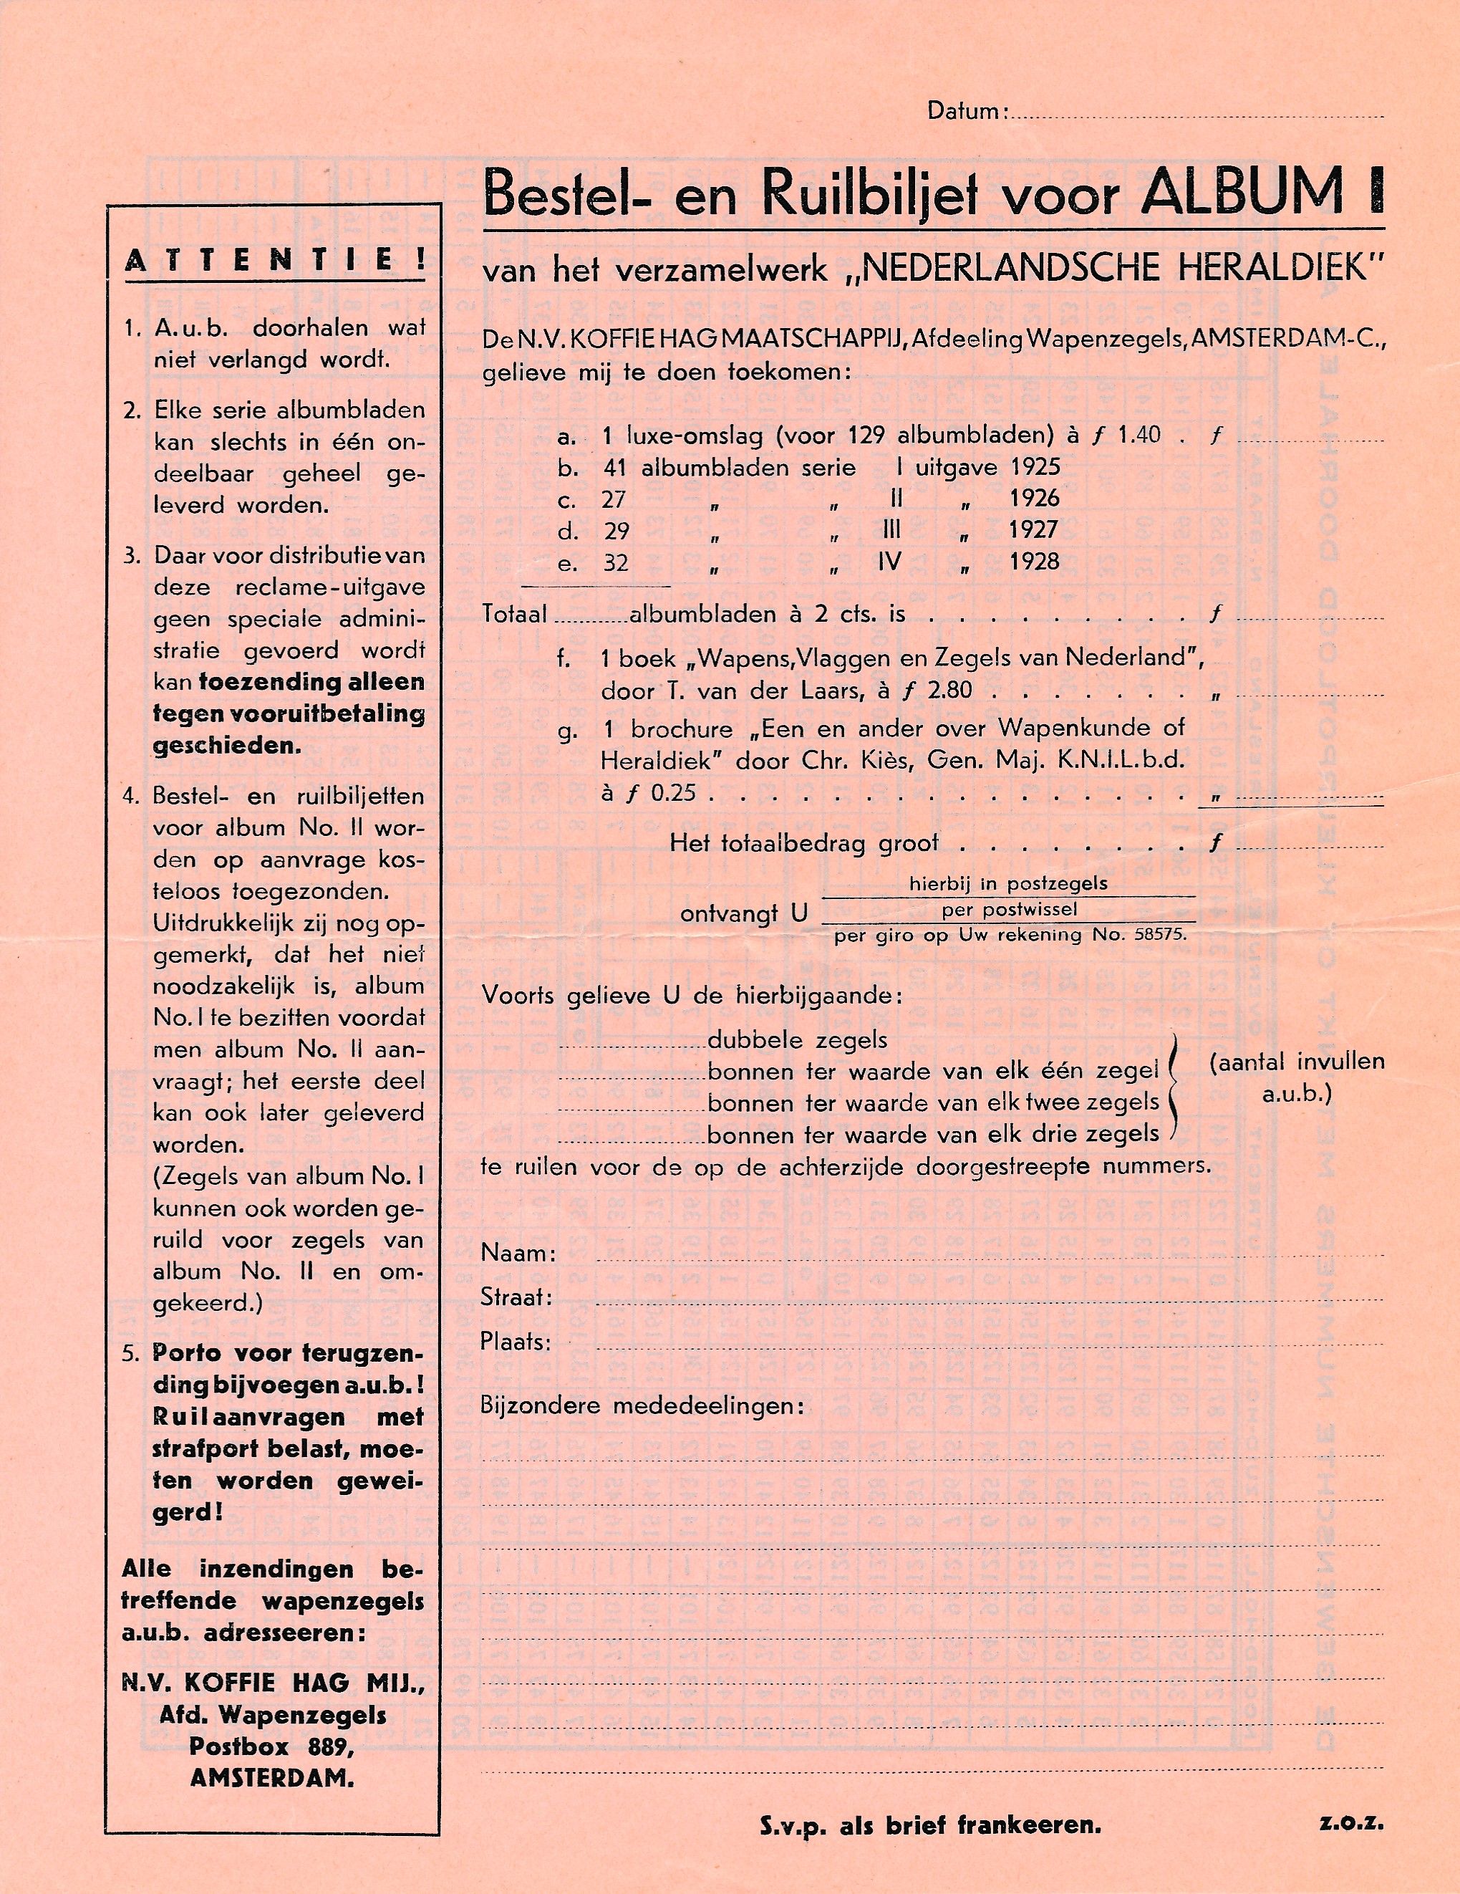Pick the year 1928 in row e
(x=1034, y=561)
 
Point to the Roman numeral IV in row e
(x=889, y=561)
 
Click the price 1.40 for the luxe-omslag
(x=1138, y=435)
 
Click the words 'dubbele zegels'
(x=798, y=1040)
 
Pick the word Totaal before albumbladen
(x=514, y=614)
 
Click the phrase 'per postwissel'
(x=1009, y=910)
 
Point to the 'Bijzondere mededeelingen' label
(x=642, y=1405)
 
